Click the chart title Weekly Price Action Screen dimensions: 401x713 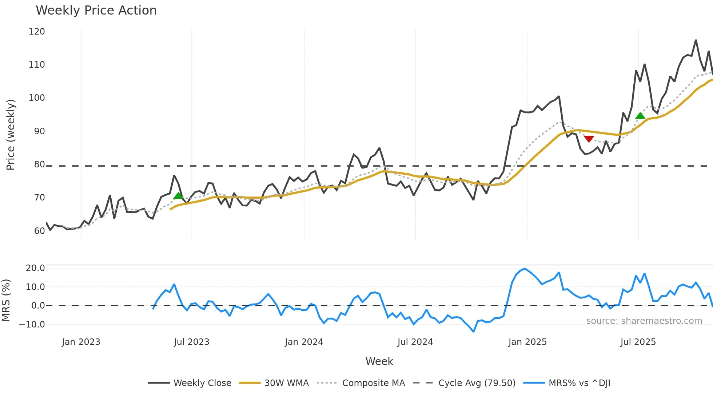[x=96, y=11]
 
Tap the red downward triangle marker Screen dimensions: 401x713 [x=589, y=139]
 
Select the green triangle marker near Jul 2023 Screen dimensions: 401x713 [x=178, y=196]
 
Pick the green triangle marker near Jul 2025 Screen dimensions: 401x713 [x=640, y=116]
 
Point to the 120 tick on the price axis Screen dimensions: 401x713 [x=37, y=32]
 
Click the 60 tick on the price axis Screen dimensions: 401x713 [x=39, y=231]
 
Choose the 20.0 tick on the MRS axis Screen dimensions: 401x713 [x=35, y=268]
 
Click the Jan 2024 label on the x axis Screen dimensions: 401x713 [x=304, y=342]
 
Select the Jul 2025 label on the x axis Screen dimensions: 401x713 [x=638, y=342]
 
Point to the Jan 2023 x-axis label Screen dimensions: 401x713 [x=81, y=342]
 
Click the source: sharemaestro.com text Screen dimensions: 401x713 [x=644, y=321]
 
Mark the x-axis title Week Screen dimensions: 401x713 [x=379, y=361]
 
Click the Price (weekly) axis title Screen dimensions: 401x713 [x=11, y=135]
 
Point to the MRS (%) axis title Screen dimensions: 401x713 [x=6, y=300]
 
